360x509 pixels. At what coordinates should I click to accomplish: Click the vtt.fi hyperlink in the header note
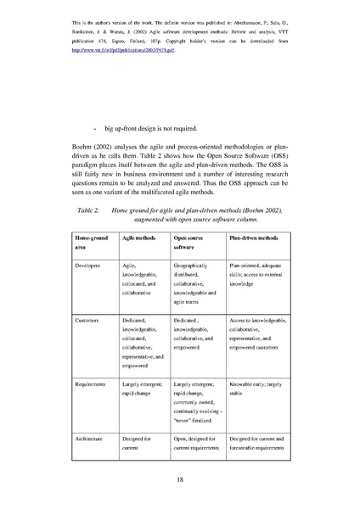[125, 49]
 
